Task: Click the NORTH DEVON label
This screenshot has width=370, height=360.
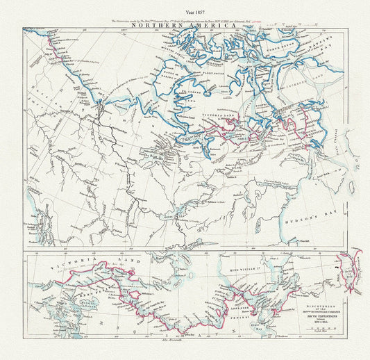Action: pos(298,51)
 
